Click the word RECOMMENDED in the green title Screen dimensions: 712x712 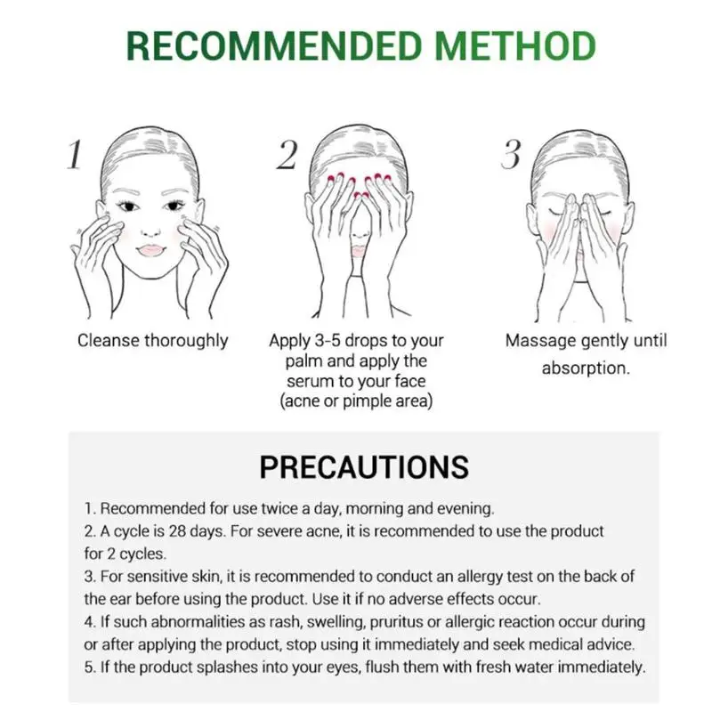271,46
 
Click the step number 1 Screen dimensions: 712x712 76,157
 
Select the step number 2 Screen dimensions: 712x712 287,157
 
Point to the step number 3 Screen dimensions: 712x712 510,155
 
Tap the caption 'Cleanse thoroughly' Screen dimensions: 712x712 152,341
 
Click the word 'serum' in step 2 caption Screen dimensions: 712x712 307,381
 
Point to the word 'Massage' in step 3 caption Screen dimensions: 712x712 537,341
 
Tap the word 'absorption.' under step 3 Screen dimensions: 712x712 586,368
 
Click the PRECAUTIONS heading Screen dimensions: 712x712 363,466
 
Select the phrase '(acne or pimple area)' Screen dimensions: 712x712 356,401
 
